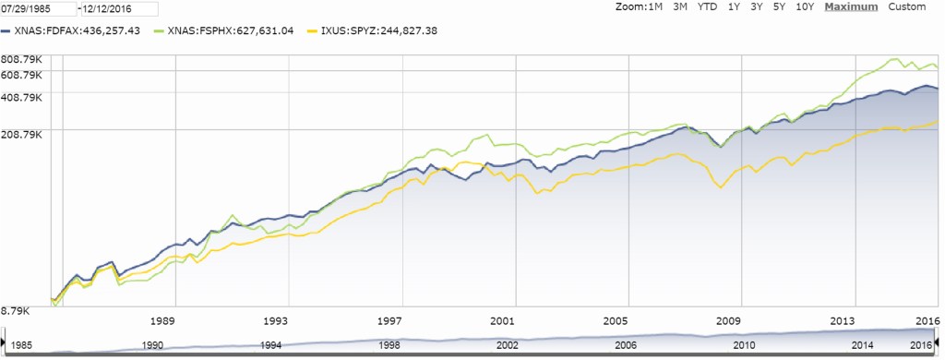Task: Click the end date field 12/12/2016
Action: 104,8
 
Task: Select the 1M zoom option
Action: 656,7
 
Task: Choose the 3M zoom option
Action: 681,7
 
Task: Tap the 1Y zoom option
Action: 735,7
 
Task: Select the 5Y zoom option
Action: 781,7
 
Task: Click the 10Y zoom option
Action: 805,7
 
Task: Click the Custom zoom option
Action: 906,7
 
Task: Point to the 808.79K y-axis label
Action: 23,61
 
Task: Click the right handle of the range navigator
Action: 940,342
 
